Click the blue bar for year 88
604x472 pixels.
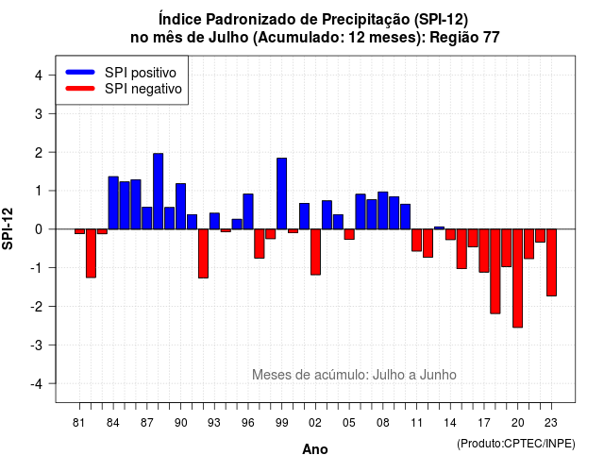point(158,191)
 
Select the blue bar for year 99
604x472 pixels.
point(281,194)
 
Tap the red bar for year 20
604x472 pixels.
point(518,278)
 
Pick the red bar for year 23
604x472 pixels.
point(551,262)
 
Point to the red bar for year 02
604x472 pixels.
point(315,252)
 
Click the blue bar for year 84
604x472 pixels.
point(113,203)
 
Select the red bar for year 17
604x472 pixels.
point(484,251)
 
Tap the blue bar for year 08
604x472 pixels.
point(383,211)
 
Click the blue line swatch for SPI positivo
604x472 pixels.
point(80,72)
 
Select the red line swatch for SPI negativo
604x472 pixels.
point(80,88)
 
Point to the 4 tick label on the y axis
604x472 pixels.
point(39,76)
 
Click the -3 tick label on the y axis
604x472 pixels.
point(37,345)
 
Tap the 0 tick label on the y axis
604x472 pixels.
point(39,229)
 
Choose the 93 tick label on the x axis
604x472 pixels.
point(214,423)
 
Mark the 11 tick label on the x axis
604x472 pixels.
point(417,423)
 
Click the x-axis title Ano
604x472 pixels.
point(315,449)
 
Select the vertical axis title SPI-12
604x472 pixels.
point(8,228)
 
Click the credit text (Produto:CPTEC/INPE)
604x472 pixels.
point(516,444)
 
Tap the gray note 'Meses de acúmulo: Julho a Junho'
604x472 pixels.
point(354,375)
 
